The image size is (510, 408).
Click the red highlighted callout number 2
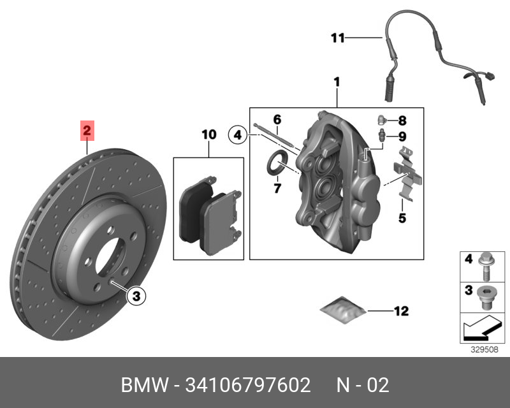click(x=87, y=132)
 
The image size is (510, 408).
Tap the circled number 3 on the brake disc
click(x=136, y=295)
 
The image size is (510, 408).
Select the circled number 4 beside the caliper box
click(x=237, y=135)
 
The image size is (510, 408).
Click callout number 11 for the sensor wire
click(x=338, y=38)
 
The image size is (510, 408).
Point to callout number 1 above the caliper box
click(x=337, y=82)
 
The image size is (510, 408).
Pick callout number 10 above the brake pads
click(x=208, y=135)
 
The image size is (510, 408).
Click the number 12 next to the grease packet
click(x=401, y=312)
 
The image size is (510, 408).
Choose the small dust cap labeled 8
click(x=380, y=119)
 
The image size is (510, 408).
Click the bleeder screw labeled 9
click(x=381, y=136)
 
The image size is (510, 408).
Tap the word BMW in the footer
click(x=141, y=385)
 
